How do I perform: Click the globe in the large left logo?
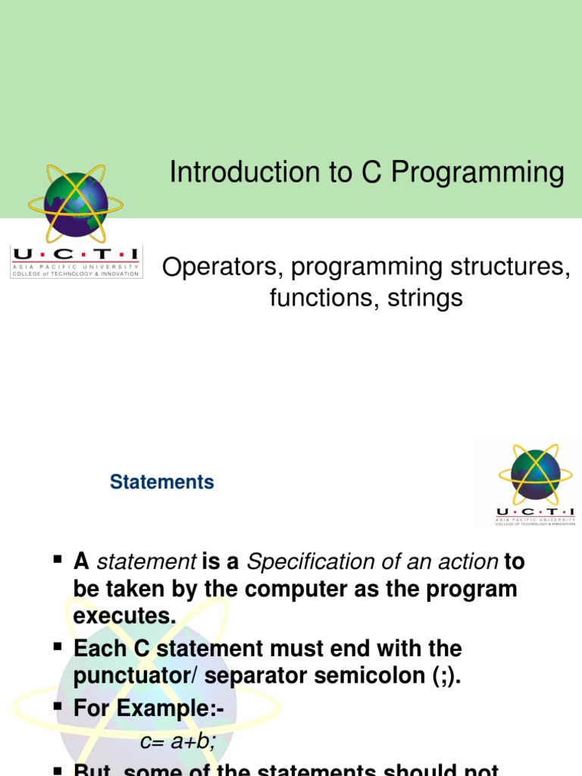tap(76, 202)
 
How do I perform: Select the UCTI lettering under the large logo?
tap(75, 255)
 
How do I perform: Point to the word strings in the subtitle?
tap(424, 298)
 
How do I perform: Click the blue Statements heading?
tap(162, 482)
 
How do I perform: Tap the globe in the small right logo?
tap(536, 474)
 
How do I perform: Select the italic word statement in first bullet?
tap(147, 562)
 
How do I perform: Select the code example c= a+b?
tap(179, 743)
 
